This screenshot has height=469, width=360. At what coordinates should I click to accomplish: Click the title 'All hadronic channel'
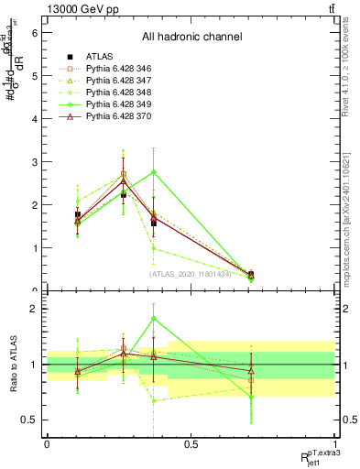click(191, 38)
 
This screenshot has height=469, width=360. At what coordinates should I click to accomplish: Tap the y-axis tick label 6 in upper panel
click(34, 32)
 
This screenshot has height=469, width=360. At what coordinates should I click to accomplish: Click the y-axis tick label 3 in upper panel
click(34, 162)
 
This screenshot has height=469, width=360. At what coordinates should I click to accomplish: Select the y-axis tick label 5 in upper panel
click(34, 75)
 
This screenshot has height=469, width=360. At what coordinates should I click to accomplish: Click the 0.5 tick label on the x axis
click(191, 444)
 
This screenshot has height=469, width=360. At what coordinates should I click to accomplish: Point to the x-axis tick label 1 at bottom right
click(335, 444)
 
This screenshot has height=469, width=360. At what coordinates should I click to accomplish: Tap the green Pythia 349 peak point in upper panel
click(153, 171)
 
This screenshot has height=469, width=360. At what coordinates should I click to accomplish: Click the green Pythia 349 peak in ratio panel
click(153, 319)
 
